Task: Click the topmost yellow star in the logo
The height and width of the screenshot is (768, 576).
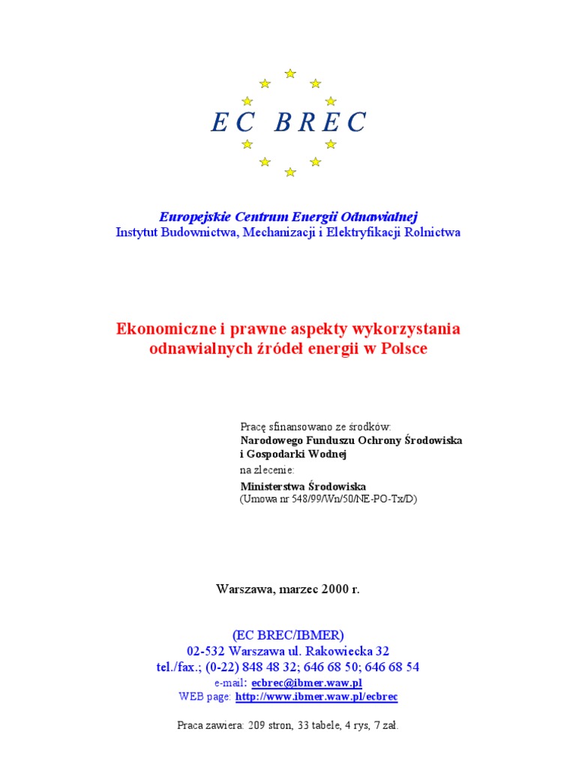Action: (x=290, y=73)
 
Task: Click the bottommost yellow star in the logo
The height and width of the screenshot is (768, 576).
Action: (x=290, y=172)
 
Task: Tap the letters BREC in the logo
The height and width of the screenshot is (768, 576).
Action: (x=320, y=122)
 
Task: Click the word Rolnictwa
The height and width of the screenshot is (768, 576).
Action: (x=433, y=232)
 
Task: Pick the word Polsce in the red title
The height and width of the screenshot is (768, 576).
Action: (x=405, y=349)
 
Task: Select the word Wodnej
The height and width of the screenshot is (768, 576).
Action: (x=328, y=454)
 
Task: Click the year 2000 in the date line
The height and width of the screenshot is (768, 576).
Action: (x=334, y=589)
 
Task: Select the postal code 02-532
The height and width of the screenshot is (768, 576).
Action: (x=206, y=651)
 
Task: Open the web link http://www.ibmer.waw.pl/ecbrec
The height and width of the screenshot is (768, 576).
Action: (x=316, y=697)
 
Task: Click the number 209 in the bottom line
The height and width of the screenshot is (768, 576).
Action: (x=255, y=725)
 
